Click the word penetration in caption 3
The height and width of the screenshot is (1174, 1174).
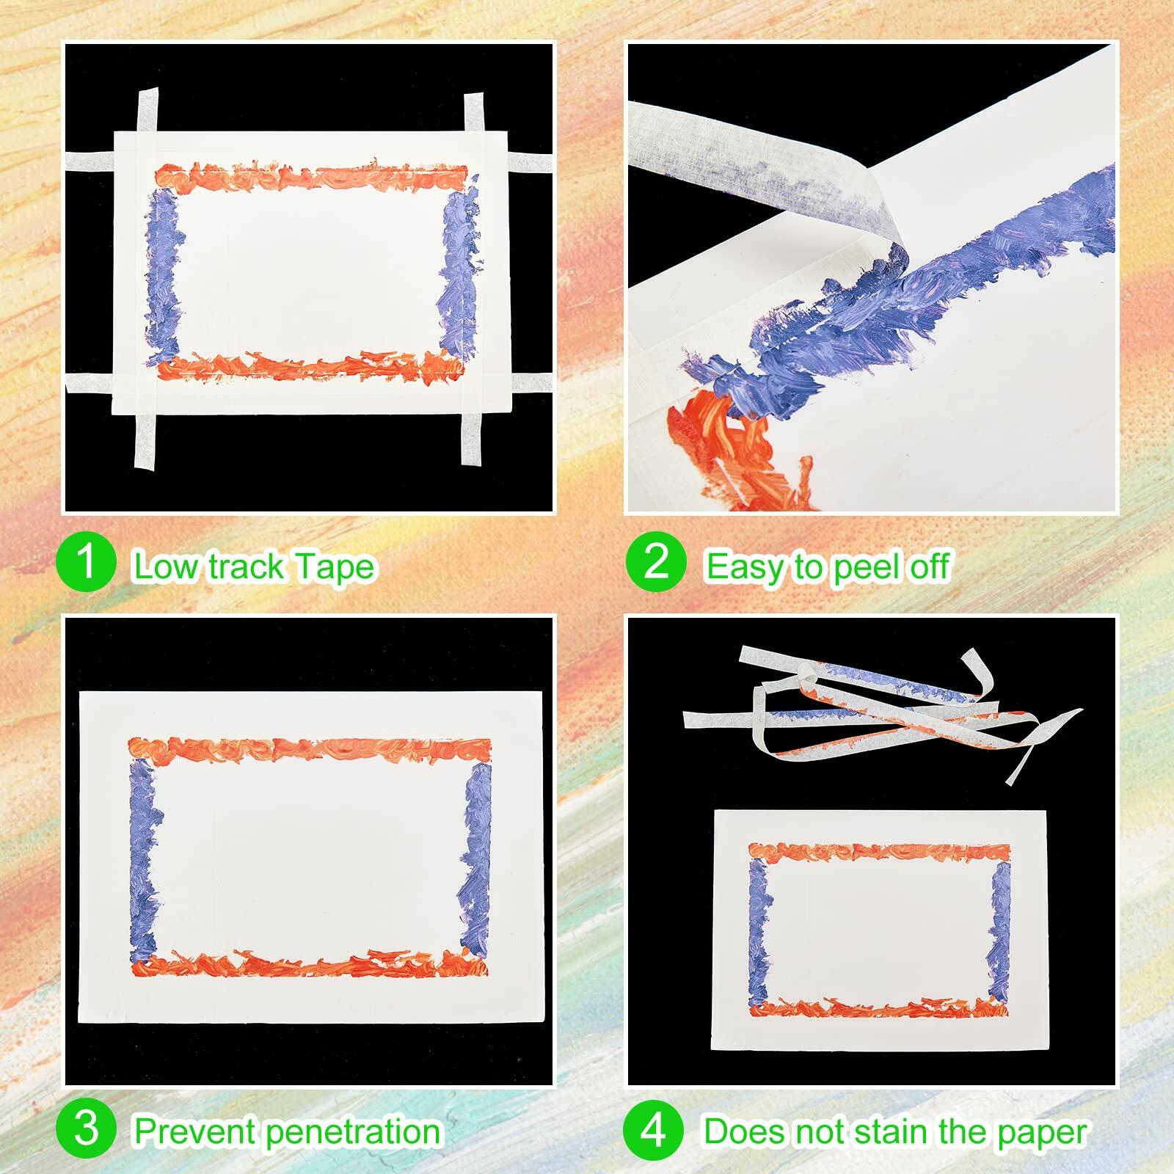tap(354, 1131)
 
